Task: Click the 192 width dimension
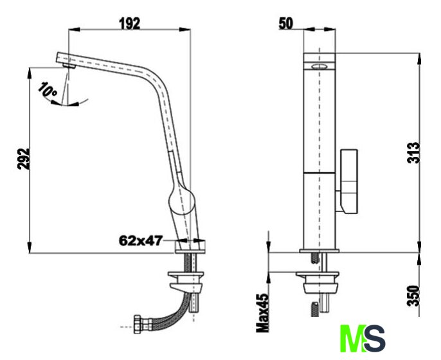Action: tap(130, 24)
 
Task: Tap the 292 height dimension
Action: tap(24, 159)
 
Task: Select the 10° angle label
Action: tap(48, 89)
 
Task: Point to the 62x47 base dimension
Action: tap(141, 240)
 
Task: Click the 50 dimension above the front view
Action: tap(285, 24)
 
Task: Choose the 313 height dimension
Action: tap(414, 153)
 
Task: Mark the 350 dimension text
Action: tap(414, 296)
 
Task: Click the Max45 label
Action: tap(263, 313)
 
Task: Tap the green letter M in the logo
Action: tap(354, 338)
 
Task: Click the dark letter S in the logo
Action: tap(375, 338)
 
